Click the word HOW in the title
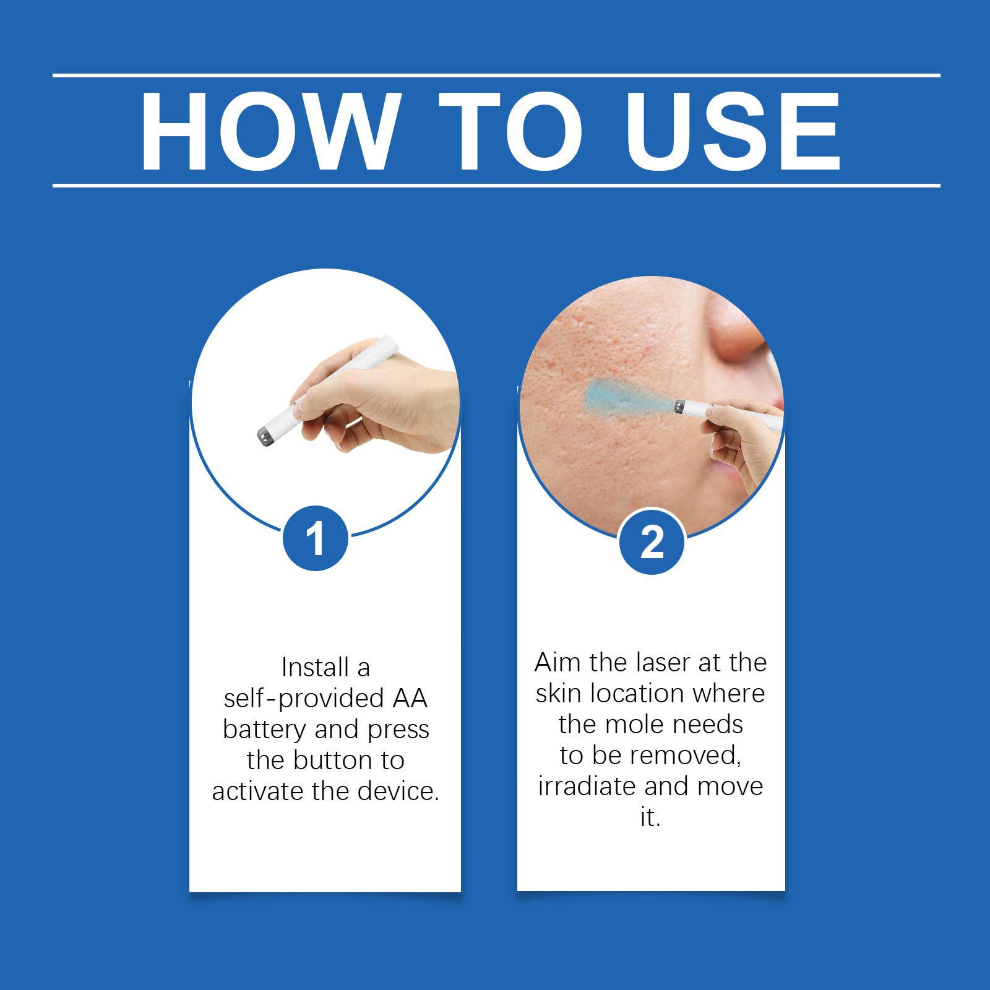[x=266, y=131]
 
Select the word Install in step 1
[x=309, y=668]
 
